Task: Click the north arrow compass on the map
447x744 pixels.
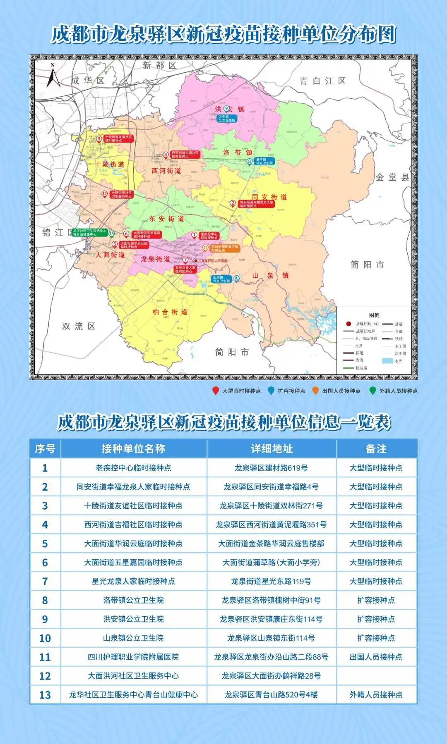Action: coord(53,76)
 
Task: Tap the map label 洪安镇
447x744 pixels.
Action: coord(230,109)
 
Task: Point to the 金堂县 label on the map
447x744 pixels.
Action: coord(392,177)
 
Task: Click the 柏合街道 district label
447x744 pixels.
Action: coord(170,312)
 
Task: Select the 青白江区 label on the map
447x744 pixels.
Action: coord(323,81)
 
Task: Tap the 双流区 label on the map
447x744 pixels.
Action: coord(79,326)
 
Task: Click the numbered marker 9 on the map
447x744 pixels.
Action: coord(226,108)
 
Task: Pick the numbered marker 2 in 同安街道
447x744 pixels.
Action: coord(233,203)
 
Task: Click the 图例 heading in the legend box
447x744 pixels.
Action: coord(374,315)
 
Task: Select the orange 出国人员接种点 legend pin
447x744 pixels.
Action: coord(315,390)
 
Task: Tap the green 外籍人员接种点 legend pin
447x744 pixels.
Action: coord(372,390)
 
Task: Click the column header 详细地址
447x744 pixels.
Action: coord(272,448)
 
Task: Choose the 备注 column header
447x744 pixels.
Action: coord(376,448)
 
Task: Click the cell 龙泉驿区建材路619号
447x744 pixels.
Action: coord(271,468)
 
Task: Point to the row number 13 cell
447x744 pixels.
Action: coord(45,695)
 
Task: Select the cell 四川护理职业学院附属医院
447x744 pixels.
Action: coord(133,657)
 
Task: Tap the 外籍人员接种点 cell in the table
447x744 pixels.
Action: coord(376,695)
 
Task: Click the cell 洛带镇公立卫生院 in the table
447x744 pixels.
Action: coord(133,600)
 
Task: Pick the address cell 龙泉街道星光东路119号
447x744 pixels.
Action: coord(271,581)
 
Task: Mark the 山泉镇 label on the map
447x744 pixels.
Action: coord(270,275)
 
